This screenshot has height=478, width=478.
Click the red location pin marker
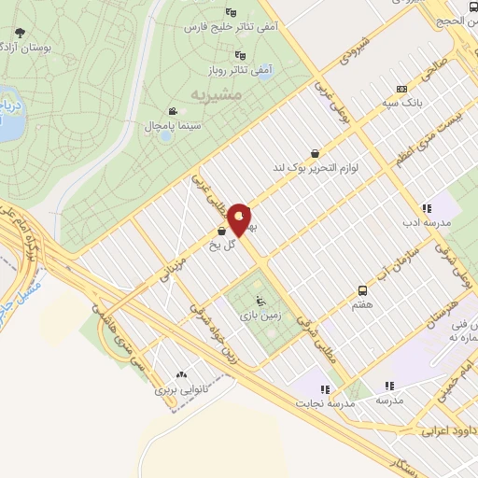[241, 218]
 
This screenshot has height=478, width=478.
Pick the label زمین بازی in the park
[265, 318]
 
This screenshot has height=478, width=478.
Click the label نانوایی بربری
[177, 383]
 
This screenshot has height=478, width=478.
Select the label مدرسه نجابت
[322, 402]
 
